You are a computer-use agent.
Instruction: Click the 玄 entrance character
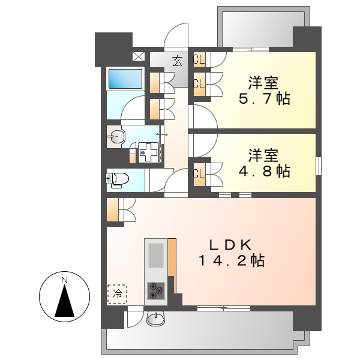(x=178, y=60)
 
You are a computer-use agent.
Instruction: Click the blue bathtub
(x=125, y=78)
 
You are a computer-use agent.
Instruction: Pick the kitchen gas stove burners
(x=156, y=290)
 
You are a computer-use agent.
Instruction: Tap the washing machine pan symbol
(x=147, y=153)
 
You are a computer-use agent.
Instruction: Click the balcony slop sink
(x=155, y=319)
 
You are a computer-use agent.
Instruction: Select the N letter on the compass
(x=64, y=280)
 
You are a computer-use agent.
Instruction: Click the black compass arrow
(x=64, y=301)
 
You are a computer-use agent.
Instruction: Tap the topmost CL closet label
(x=199, y=59)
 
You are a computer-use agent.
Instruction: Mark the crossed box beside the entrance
(x=139, y=58)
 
